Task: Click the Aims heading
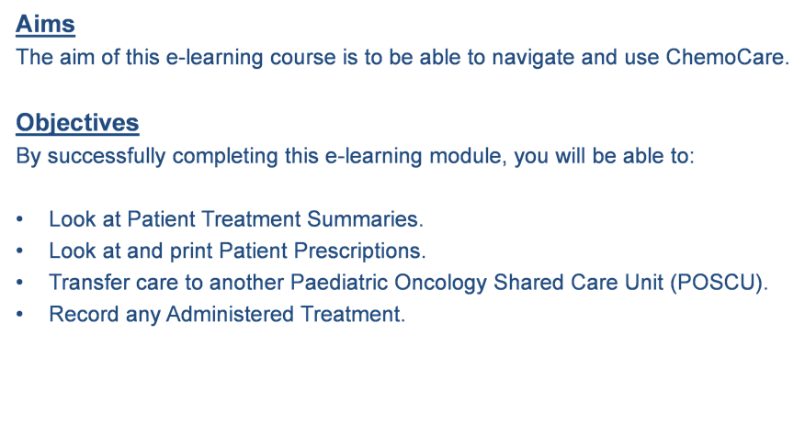(45, 24)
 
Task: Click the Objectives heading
(77, 123)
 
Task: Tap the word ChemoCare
(727, 57)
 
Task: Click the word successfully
(107, 156)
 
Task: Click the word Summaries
(365, 219)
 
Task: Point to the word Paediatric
(338, 283)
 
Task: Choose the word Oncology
(440, 284)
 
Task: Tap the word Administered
(230, 315)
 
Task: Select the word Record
(84, 315)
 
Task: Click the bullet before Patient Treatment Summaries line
(19, 219)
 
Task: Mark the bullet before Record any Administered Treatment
(19, 315)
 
